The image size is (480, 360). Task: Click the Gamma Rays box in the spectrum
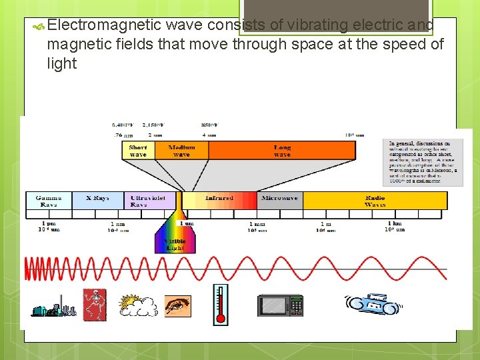coord(49,201)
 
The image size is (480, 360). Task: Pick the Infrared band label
coord(219,199)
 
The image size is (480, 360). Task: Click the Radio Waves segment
coord(375,201)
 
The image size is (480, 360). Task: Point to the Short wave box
coord(138,151)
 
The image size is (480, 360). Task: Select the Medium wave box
coord(181,151)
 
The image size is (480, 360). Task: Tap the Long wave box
coord(282,151)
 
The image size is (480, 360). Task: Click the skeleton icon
coord(94,304)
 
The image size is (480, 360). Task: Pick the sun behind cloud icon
coord(137,305)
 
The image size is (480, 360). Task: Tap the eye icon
coord(177,306)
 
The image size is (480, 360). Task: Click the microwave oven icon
coord(280,305)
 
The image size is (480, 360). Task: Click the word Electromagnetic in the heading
coord(105,25)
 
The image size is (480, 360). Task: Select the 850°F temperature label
coord(209,125)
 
